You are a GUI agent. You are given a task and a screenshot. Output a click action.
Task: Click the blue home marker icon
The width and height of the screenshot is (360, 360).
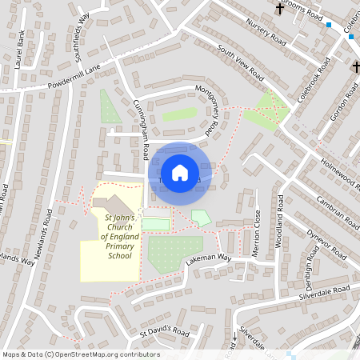click(x=180, y=173)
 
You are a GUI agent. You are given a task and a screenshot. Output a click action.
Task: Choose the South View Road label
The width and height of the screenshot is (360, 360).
click(x=240, y=62)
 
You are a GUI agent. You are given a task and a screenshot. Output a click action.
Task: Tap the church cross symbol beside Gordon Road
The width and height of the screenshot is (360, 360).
click(x=356, y=67)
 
